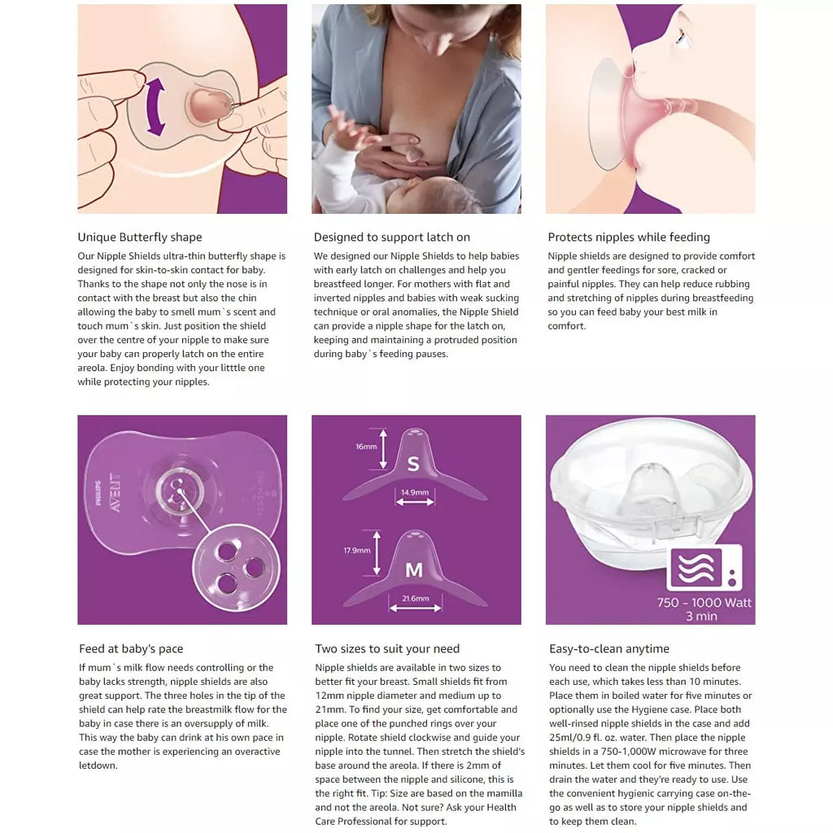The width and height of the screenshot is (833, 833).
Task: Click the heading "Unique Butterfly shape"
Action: click(x=140, y=237)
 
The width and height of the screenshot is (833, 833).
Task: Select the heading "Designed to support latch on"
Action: click(x=391, y=237)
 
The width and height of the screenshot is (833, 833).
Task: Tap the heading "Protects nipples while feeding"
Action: click(x=629, y=237)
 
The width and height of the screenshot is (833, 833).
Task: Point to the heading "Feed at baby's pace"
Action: click(x=131, y=648)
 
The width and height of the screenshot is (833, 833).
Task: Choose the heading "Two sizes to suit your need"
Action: click(x=386, y=648)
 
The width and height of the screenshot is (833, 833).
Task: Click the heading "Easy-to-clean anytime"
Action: click(x=608, y=648)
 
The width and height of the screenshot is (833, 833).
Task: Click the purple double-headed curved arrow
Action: click(x=155, y=107)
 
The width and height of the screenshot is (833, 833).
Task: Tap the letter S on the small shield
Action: click(x=413, y=464)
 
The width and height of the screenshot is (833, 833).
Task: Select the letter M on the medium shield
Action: click(x=414, y=570)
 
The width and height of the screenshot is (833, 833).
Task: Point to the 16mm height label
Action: click(x=366, y=447)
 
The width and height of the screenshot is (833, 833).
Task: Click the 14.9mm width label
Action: click(x=415, y=492)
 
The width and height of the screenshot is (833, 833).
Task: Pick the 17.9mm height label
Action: click(x=356, y=551)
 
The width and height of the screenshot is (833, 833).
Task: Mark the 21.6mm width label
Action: click(x=416, y=598)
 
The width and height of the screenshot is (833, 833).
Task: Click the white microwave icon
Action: click(x=704, y=568)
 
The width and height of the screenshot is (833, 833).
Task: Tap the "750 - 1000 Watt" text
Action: click(x=704, y=603)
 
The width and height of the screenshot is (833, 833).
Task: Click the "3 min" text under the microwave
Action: click(x=701, y=617)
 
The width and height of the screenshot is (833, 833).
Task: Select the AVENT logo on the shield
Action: click(x=115, y=492)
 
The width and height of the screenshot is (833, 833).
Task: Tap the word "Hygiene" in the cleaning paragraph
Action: click(x=652, y=709)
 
